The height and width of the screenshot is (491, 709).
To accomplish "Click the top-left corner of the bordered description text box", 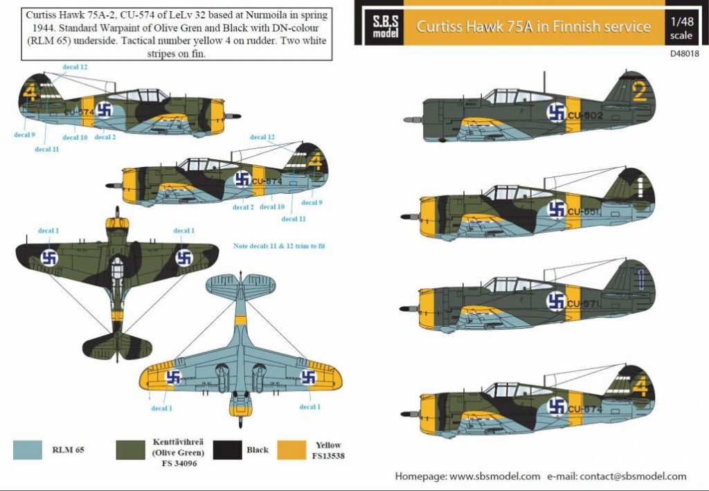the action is tap(21, 8).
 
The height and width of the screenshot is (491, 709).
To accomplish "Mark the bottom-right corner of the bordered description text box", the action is tap(332, 60).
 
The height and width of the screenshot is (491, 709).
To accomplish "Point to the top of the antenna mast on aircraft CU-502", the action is tap(544, 72).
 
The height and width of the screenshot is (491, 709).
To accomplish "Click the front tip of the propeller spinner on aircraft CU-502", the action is tap(404, 120).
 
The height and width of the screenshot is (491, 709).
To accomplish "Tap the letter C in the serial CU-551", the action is tap(571, 212).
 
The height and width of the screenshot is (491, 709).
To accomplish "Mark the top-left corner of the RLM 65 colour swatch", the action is tap(14, 441).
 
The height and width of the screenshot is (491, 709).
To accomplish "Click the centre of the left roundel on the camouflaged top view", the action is tap(49, 258).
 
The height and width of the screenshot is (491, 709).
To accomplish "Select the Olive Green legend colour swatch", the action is tap(131, 450).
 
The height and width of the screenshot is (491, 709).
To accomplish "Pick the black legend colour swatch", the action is tap(227, 450).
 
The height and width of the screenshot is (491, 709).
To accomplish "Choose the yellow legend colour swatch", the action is tap(291, 450).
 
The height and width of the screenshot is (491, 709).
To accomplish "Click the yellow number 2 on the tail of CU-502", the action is tap(639, 91).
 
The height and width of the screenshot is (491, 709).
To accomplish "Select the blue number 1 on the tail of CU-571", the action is tap(642, 278).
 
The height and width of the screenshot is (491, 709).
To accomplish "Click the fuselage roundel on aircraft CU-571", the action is tap(556, 301).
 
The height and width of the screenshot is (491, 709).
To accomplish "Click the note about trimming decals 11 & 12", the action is tap(279, 247).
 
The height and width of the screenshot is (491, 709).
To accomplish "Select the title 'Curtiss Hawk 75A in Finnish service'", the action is tap(534, 27).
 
